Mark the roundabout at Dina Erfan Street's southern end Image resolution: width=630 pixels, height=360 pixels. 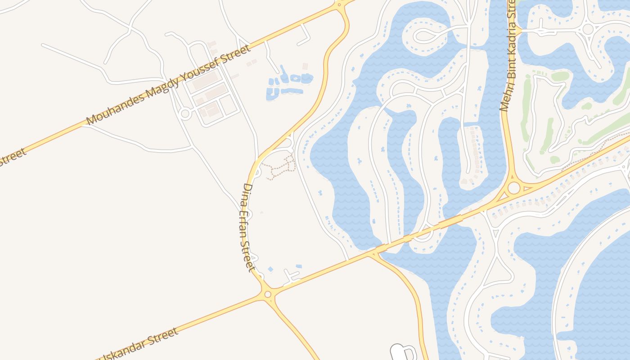268,294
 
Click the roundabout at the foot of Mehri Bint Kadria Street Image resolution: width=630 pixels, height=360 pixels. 513,188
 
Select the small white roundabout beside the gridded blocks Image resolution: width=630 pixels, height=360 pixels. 184,113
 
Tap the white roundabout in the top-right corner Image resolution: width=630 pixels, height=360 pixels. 588,29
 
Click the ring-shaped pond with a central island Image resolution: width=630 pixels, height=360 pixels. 295,78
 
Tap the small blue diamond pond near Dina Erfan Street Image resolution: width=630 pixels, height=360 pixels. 270,269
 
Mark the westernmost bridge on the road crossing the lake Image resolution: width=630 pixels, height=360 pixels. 382,247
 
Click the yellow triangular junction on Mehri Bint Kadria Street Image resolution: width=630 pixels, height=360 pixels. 517,31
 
